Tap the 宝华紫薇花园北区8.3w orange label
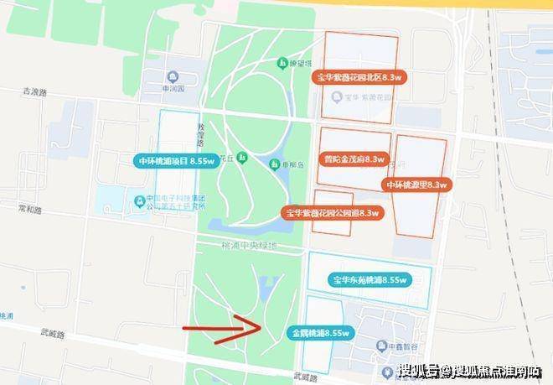coord(360,77)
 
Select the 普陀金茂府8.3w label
coord(354,159)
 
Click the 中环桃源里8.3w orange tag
coord(416,184)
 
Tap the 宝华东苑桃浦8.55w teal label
coord(369,279)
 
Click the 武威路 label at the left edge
coord(51,333)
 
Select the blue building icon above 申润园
coord(173,74)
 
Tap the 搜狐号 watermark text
coord(420,370)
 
